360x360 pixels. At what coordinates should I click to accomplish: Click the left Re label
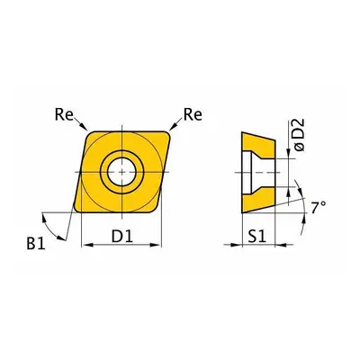coord(64,114)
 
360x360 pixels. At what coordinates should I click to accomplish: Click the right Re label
coord(193,114)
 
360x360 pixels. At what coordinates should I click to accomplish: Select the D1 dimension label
coord(122,237)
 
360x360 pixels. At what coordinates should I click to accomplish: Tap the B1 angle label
coord(36,244)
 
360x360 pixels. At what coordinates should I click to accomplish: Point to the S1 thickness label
coord(257,237)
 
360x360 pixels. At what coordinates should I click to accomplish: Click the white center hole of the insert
coord(121,172)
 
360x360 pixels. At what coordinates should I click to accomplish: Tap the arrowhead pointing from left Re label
coord(84,127)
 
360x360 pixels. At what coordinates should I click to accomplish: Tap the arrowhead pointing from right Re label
coord(173,127)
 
